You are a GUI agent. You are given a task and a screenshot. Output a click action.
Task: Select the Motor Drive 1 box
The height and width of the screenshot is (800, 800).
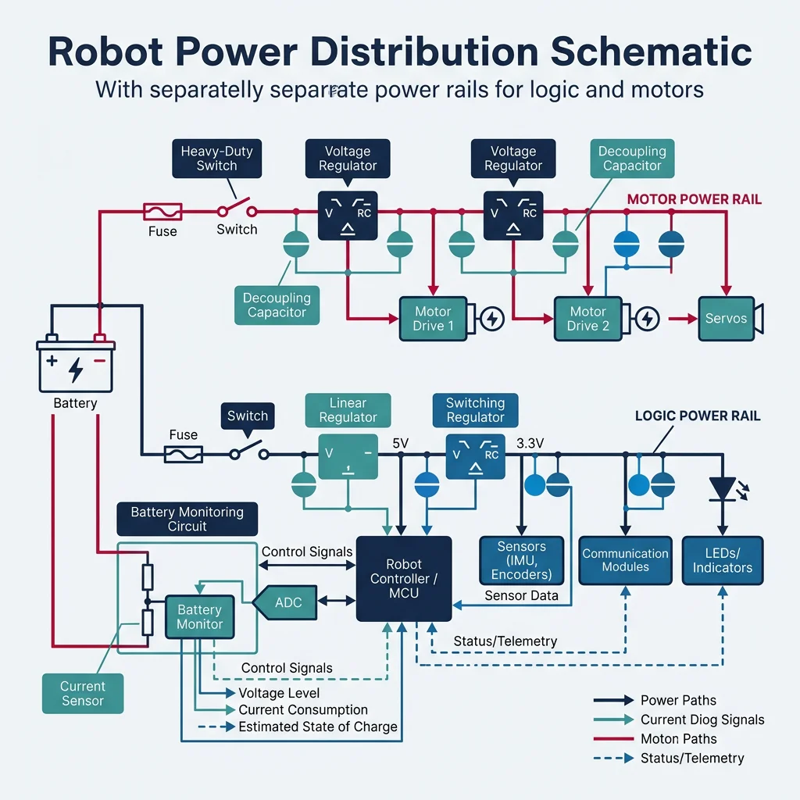coord(433,319)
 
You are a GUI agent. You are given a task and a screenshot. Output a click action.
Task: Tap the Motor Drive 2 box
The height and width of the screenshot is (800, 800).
coord(587,319)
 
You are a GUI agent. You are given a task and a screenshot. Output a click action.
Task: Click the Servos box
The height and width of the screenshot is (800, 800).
coord(726,319)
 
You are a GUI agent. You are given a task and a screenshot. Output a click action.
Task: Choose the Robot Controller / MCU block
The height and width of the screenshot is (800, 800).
coord(403,578)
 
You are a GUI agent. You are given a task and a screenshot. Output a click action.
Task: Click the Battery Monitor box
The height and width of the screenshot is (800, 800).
coord(199,616)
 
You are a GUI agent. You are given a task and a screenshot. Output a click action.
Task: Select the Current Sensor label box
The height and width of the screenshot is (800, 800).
coord(82,693)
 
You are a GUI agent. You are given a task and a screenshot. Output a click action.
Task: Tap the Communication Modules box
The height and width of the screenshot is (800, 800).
coord(625,559)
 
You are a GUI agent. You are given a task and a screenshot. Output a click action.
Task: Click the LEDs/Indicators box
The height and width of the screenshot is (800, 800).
coord(722,559)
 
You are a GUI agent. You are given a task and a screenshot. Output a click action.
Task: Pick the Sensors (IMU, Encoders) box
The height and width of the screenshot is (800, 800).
coord(521,559)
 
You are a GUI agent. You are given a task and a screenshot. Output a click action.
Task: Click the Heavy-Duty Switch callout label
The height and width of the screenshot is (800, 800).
coord(216,158)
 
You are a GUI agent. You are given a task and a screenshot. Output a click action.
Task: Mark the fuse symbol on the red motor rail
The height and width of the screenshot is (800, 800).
coord(162,211)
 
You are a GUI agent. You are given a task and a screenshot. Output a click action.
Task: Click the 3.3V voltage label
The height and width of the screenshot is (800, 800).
coord(530,444)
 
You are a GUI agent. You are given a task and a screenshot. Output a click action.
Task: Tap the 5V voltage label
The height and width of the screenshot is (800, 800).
coord(400,444)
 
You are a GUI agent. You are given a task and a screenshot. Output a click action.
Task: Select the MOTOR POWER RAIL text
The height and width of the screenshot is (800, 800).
coord(694,199)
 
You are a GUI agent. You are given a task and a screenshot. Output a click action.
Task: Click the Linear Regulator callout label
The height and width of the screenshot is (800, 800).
coord(348,410)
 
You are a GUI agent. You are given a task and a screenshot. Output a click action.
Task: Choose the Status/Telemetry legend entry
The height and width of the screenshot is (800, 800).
coord(691,758)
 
